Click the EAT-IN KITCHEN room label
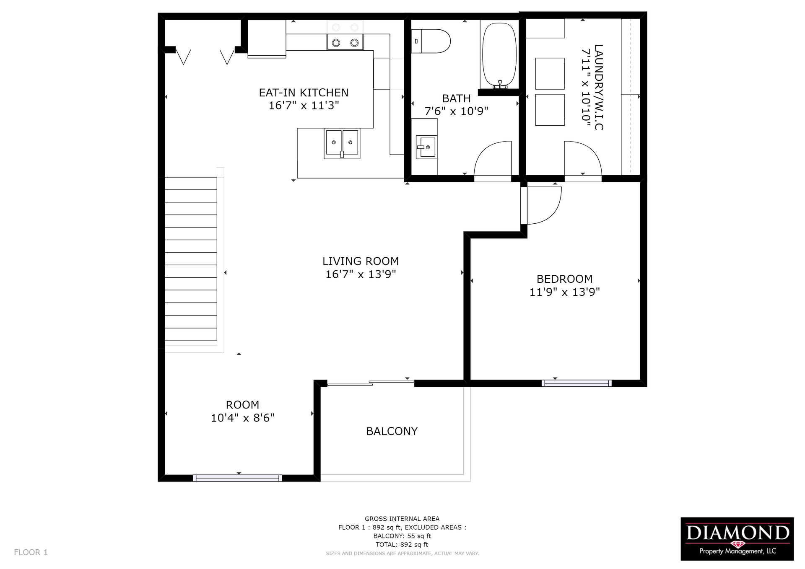tap(304, 93)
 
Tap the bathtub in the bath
tap(499, 55)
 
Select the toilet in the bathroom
tap(431, 41)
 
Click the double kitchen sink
tap(342, 143)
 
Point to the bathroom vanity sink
tap(426, 147)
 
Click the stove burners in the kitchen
tap(345, 42)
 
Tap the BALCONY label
tap(392, 432)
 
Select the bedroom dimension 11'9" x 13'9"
tap(564, 292)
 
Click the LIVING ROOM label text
tap(361, 261)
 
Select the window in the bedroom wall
tap(576, 383)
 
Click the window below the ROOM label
tap(237, 478)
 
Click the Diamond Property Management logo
tap(737, 539)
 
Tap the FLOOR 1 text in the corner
tap(31, 552)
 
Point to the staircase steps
tap(191, 259)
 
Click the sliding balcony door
tap(371, 383)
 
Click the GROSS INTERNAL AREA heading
tap(402, 519)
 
